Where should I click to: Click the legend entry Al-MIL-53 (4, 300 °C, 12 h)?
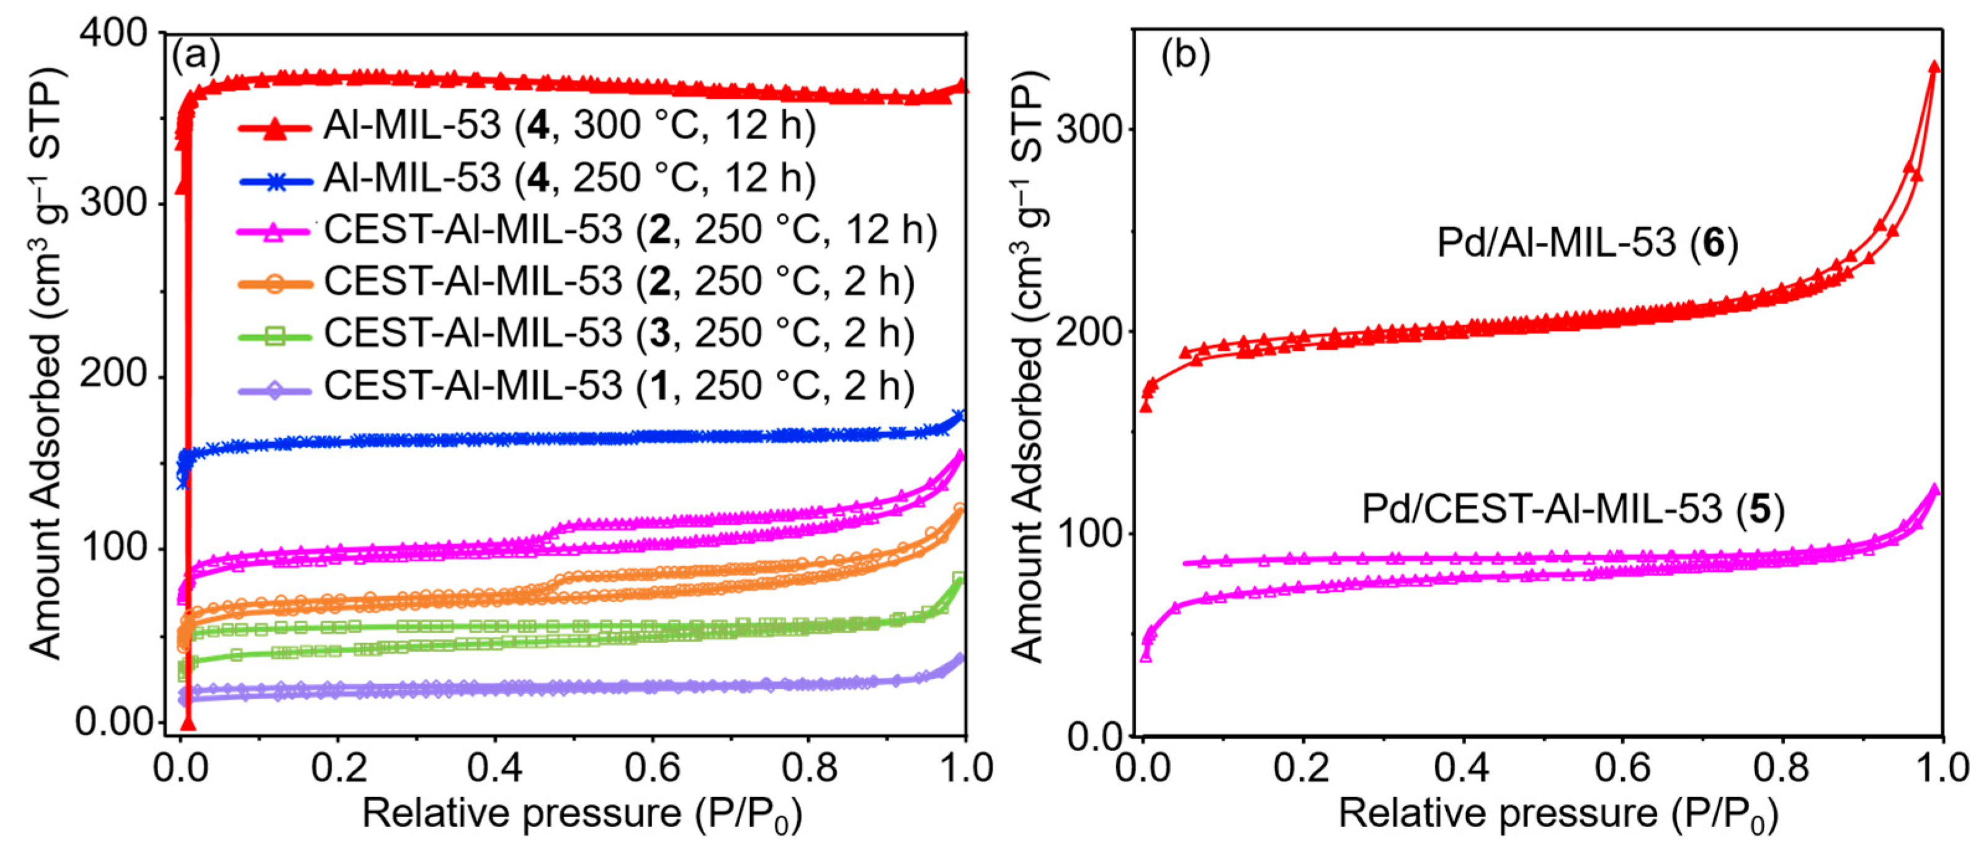click(569, 125)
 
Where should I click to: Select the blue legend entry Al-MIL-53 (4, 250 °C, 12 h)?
click(569, 178)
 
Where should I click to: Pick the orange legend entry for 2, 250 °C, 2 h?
click(619, 282)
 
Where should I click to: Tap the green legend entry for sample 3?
click(619, 333)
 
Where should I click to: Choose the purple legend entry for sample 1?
click(619, 385)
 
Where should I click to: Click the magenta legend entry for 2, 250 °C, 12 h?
click(630, 229)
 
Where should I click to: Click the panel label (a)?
click(196, 55)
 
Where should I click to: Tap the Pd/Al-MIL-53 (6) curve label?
click(1588, 243)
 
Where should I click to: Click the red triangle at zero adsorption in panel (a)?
click(187, 724)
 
